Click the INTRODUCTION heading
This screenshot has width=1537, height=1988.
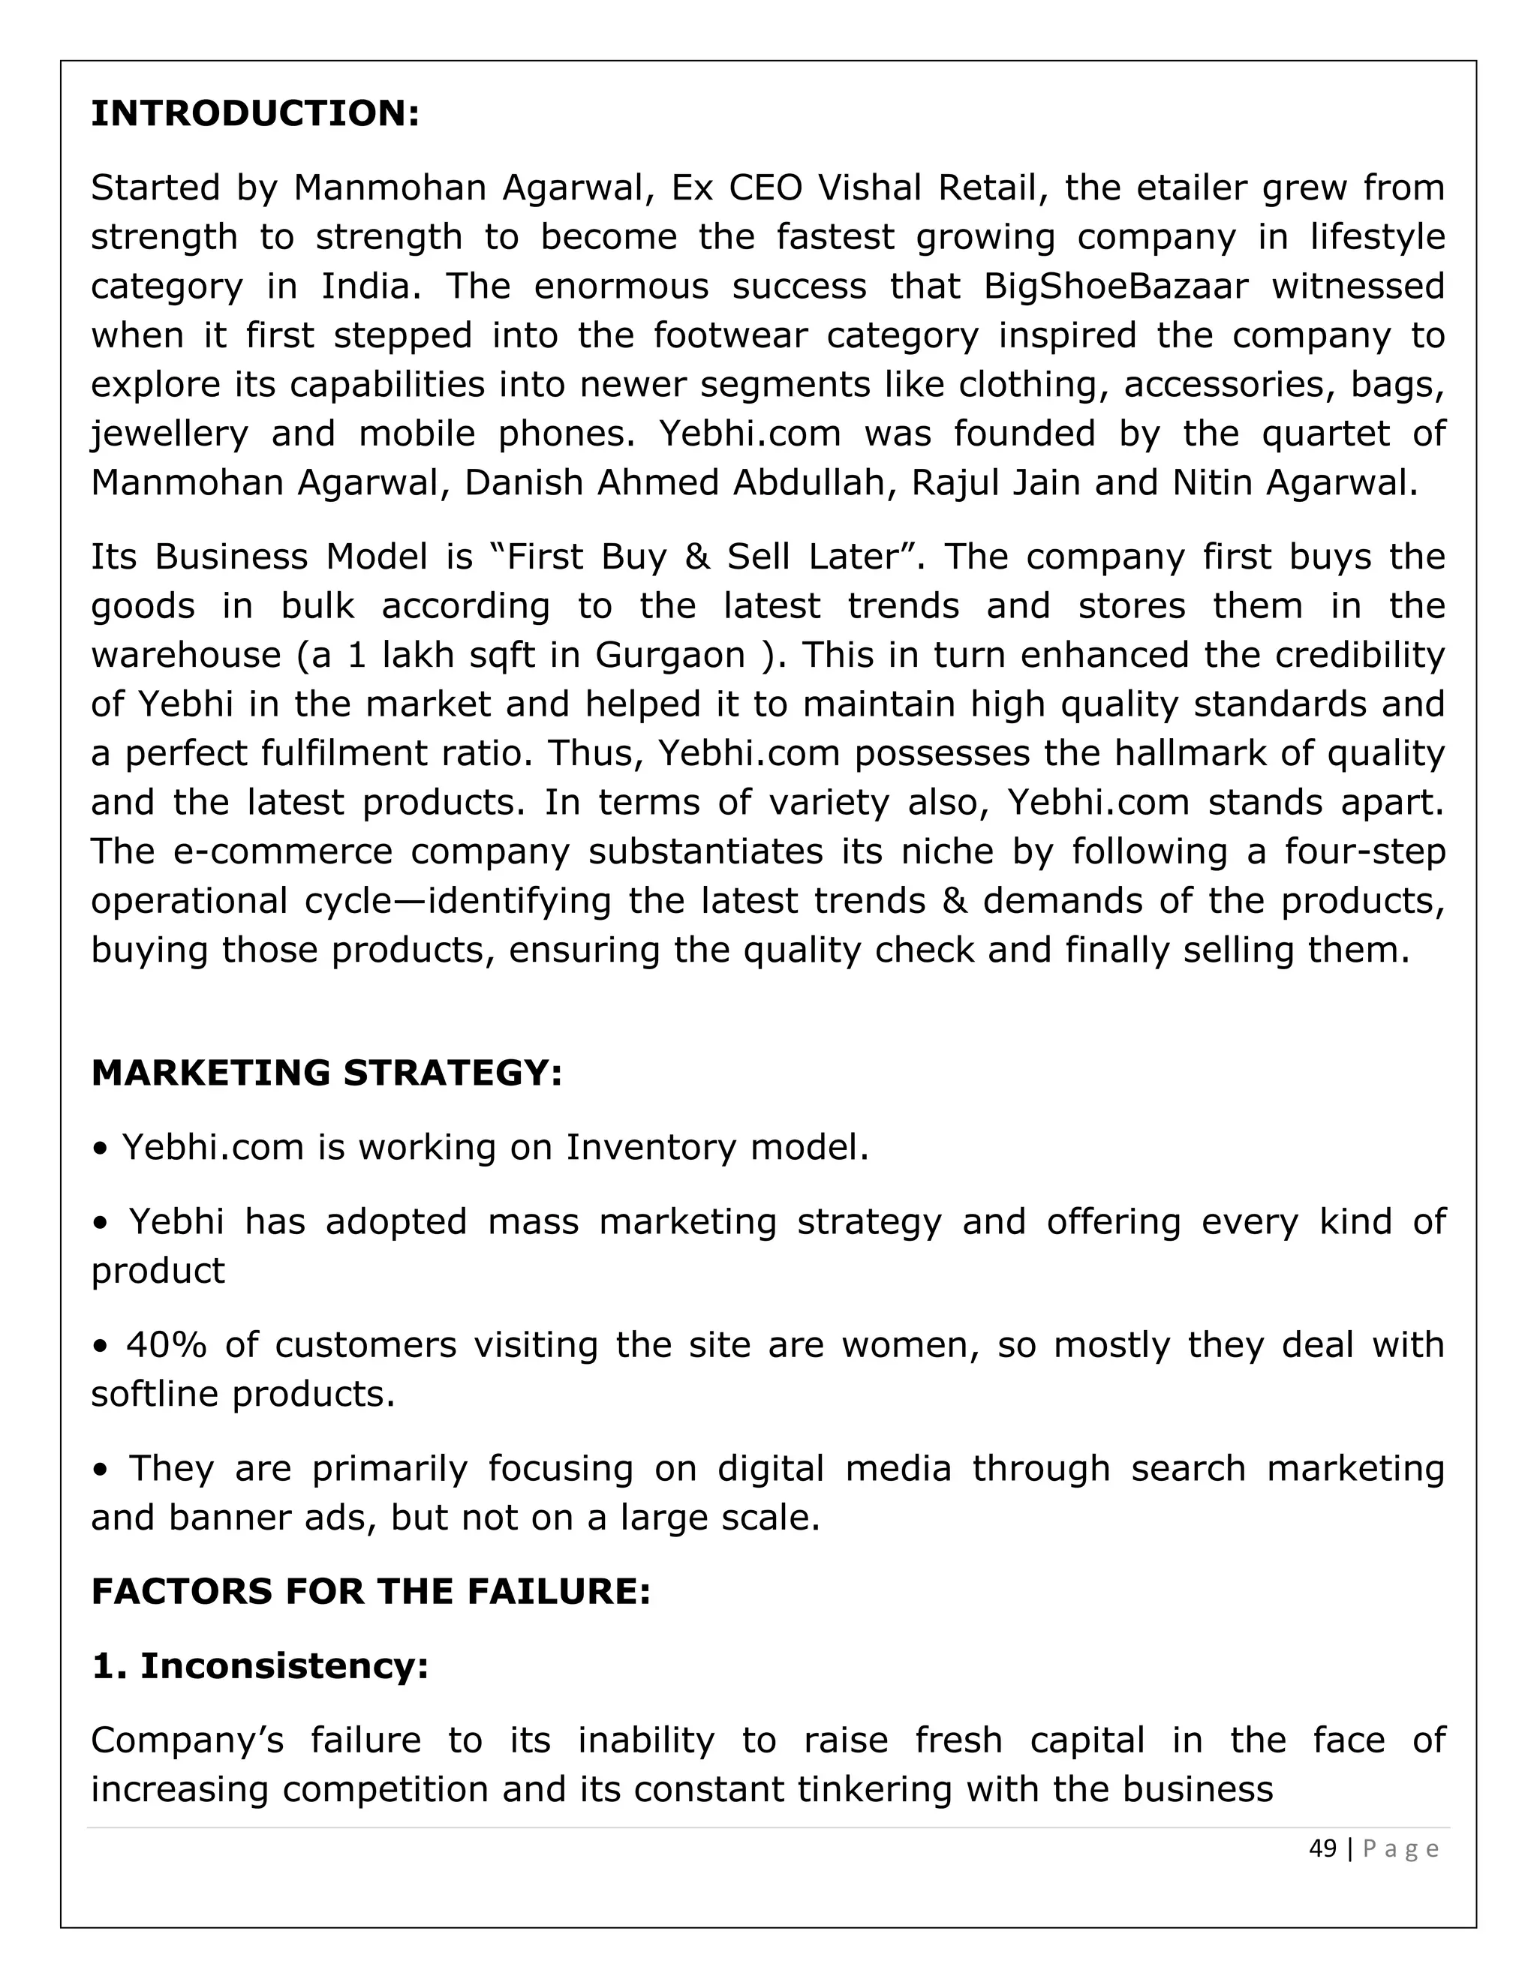click(x=255, y=114)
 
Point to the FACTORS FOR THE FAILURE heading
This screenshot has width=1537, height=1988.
click(x=371, y=1591)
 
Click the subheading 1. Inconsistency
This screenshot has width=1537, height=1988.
click(x=260, y=1665)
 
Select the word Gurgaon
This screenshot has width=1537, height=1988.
click(x=669, y=656)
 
